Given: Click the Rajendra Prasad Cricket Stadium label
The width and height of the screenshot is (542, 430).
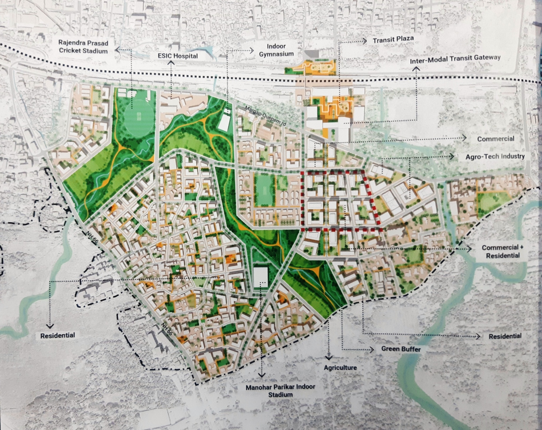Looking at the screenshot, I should click(83, 47).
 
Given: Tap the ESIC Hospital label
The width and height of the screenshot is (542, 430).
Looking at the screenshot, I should click(178, 56).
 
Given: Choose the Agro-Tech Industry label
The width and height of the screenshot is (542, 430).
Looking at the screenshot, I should click(495, 156).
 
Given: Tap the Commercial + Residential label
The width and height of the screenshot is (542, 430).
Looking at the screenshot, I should click(503, 251).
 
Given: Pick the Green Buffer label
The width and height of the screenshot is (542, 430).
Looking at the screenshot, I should click(401, 349).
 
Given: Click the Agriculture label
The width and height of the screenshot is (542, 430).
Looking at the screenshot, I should click(340, 367).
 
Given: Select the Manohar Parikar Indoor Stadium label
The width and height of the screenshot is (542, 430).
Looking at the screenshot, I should click(280, 391).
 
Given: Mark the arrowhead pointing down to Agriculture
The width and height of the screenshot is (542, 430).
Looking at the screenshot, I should click(329, 358).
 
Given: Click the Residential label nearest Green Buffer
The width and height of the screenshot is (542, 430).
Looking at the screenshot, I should click(505, 336).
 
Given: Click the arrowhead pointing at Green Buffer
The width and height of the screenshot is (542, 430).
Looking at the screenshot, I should click(372, 350).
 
